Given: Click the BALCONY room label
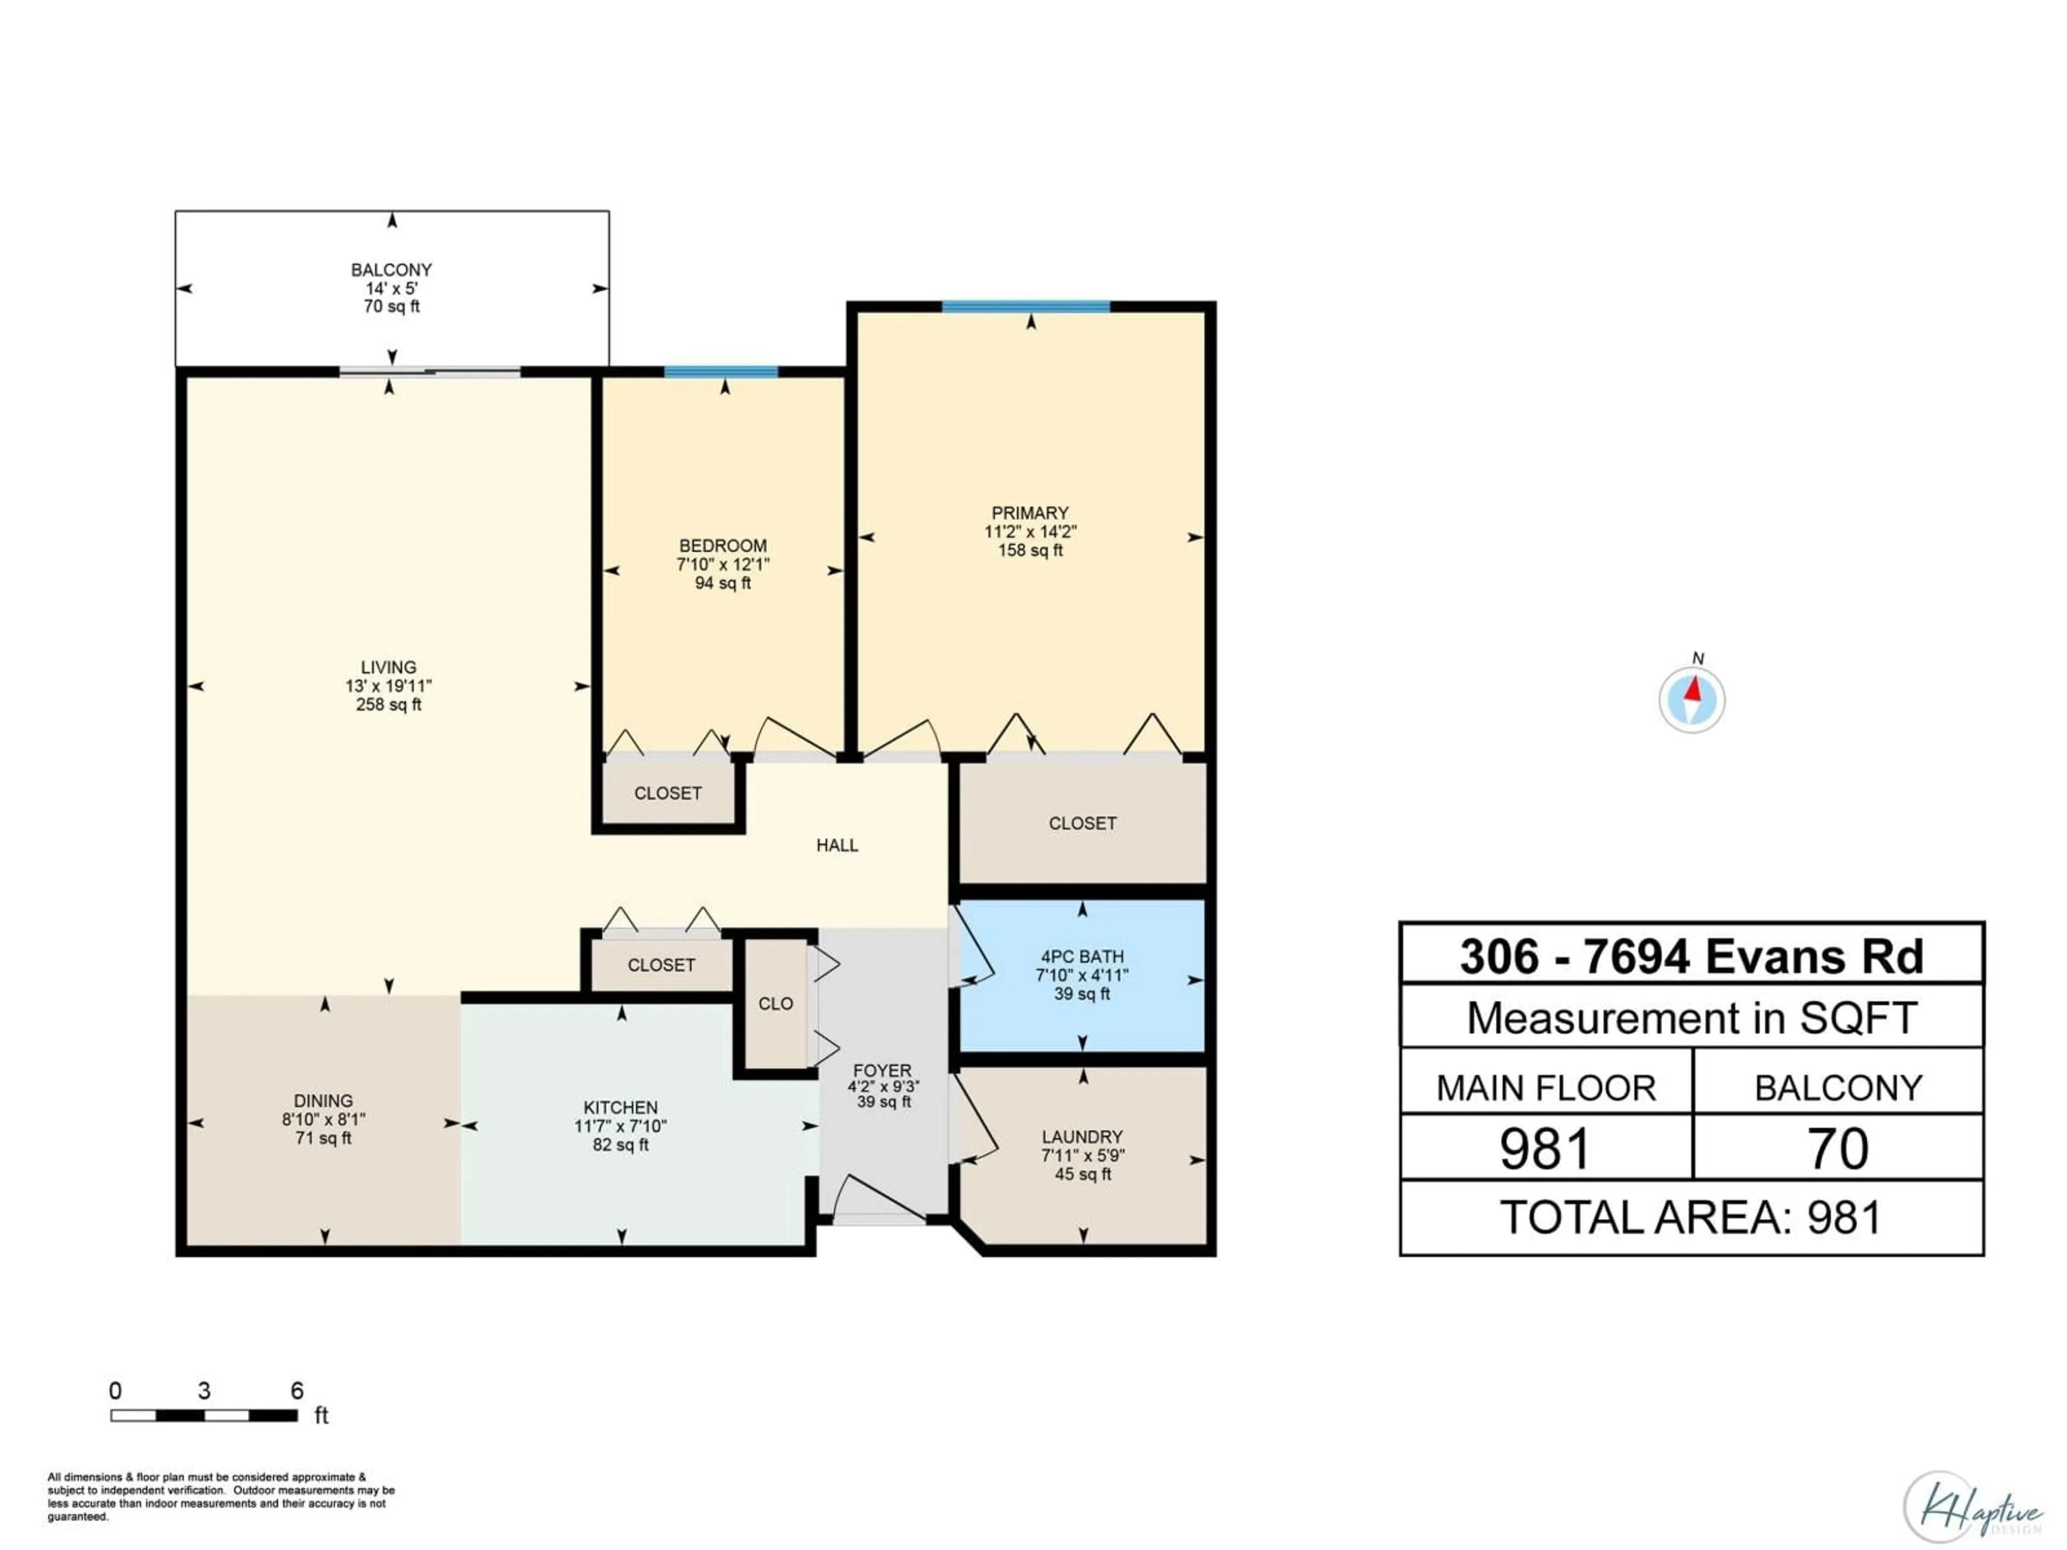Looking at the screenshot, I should [391, 270].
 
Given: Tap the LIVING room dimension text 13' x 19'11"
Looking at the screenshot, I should [389, 686].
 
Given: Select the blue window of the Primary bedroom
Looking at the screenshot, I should [1026, 306].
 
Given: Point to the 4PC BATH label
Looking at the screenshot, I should [1082, 957].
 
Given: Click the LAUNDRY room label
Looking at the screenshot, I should [1082, 1137].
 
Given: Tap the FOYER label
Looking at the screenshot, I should [882, 1070].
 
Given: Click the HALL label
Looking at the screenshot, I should [837, 846].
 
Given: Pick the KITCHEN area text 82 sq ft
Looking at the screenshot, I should [621, 1145].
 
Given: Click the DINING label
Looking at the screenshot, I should [324, 1101].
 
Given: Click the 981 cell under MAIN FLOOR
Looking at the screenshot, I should [1545, 1149].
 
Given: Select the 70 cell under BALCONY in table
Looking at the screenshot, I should [1838, 1149].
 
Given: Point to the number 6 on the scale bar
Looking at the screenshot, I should [297, 1390].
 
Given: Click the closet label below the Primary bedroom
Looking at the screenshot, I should [1082, 823].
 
